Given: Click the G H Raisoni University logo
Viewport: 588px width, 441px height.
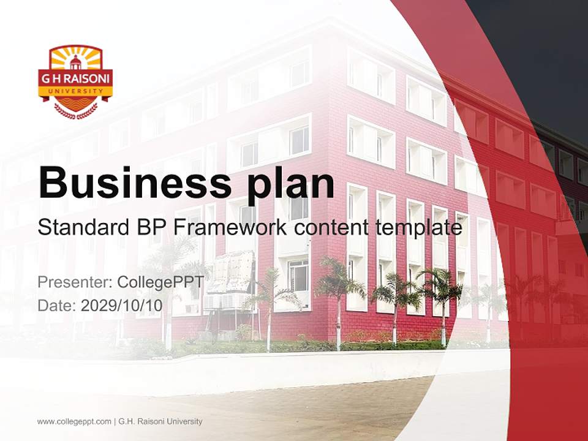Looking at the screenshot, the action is (75, 82).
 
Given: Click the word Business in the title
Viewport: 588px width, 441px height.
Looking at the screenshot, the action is (135, 183).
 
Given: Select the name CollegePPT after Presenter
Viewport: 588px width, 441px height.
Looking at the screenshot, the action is (160, 282).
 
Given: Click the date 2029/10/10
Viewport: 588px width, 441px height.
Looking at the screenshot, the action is (121, 306).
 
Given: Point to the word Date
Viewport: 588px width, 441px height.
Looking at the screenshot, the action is (57, 306).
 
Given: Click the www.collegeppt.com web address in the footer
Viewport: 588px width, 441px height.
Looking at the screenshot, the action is (74, 422).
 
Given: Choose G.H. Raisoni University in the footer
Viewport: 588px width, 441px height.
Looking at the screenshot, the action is (160, 421).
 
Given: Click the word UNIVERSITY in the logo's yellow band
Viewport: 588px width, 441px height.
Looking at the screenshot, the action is (75, 91).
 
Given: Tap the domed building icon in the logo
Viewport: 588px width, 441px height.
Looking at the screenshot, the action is (75, 62).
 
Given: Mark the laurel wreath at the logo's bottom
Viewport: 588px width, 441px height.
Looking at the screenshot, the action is (76, 111).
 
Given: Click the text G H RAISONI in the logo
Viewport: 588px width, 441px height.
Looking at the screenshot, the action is (75, 79).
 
